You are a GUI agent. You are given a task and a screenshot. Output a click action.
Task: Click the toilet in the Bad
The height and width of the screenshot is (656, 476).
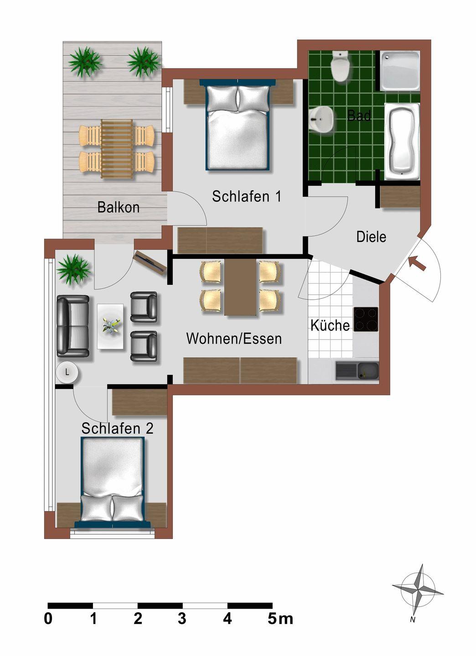click(x=340, y=66)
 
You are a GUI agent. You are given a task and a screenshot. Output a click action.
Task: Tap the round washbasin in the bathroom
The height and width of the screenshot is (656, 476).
click(x=321, y=119)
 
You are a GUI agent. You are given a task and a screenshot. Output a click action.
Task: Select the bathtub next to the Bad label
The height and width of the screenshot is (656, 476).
click(x=402, y=141)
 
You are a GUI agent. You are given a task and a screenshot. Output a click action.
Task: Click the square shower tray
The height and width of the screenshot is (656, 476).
click(x=400, y=71)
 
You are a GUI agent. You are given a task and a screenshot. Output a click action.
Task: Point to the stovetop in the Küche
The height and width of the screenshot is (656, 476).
click(x=366, y=319)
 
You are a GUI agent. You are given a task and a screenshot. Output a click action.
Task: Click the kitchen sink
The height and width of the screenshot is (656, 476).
click(x=357, y=371)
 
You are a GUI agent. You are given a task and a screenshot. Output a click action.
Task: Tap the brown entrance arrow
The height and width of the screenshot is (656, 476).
click(x=417, y=263)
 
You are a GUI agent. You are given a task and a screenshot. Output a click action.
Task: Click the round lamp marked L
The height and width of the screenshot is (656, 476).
click(x=67, y=373)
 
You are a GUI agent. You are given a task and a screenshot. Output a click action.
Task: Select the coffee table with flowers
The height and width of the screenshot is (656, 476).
click(x=110, y=326)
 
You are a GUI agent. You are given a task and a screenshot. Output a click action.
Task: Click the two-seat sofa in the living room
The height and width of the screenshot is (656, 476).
click(x=72, y=326)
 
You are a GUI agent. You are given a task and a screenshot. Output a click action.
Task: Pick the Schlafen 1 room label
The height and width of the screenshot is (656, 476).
click(x=247, y=196)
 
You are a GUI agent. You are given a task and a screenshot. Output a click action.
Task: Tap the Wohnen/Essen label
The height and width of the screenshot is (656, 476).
click(x=234, y=338)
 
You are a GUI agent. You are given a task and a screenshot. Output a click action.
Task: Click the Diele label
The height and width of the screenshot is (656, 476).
click(x=371, y=236)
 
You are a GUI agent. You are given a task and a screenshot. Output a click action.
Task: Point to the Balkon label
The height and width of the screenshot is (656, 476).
click(x=119, y=207)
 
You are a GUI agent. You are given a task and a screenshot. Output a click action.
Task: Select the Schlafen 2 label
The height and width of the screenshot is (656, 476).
click(x=117, y=428)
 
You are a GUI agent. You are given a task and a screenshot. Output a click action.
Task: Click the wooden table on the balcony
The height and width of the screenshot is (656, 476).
click(x=117, y=149)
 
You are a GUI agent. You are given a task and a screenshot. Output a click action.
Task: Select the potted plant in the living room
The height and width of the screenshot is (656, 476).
click(x=73, y=269)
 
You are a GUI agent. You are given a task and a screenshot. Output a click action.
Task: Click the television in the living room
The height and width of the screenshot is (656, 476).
click(x=150, y=262)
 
